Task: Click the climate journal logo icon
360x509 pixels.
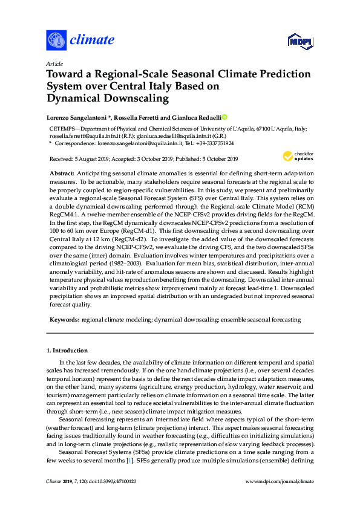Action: pos(56,41)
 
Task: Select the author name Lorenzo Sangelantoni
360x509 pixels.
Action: pos(76,116)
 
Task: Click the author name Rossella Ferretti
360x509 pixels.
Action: pos(133,116)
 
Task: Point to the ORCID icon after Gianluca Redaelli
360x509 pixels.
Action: pos(225,116)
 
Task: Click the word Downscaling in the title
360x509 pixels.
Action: pos(134,97)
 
